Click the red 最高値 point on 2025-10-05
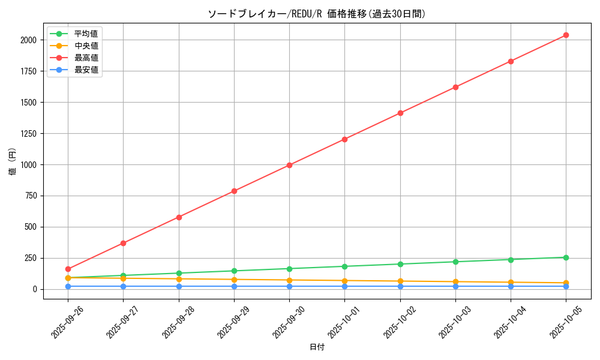coord(566,35)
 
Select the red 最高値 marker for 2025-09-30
coord(289,165)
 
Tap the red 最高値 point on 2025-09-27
coord(123,243)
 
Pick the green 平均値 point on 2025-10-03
coord(455,262)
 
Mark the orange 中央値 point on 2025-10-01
coord(344,281)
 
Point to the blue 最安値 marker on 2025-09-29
coord(234,286)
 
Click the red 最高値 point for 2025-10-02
coord(400,113)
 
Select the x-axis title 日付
coord(317,347)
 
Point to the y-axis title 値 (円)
coord(13,163)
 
